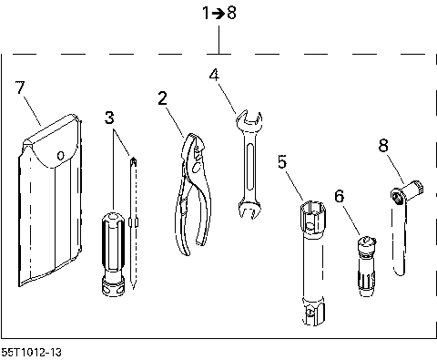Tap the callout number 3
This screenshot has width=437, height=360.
[x=109, y=118]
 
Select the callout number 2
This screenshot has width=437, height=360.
[x=163, y=99]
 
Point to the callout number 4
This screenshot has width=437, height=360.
[x=214, y=76]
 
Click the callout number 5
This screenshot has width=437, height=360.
[x=283, y=161]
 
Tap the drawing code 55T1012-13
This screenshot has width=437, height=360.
[x=36, y=351]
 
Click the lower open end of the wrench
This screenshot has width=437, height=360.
[x=245, y=209]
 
